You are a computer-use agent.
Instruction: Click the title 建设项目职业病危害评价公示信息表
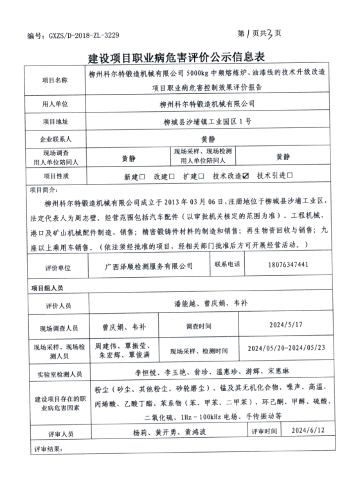(181, 58)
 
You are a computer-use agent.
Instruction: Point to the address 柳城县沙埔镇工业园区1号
(207, 121)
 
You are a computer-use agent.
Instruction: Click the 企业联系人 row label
(54, 138)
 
